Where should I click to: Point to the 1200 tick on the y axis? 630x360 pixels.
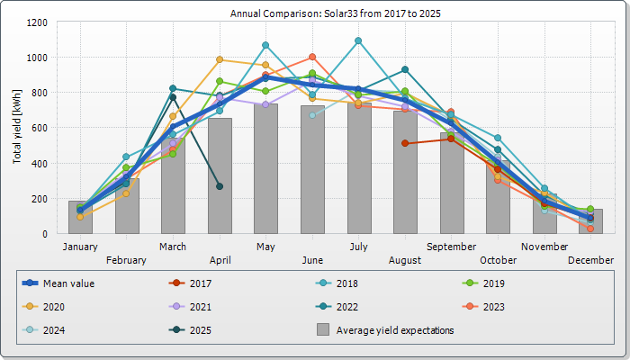pyautogui.click(x=40, y=22)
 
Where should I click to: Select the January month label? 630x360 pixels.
pyautogui.click(x=80, y=246)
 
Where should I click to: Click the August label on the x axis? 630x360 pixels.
pyautogui.click(x=405, y=260)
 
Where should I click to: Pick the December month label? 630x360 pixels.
pyautogui.click(x=590, y=260)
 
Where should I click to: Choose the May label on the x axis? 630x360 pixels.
pyautogui.click(x=265, y=246)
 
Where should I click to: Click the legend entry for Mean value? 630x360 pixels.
pyautogui.click(x=68, y=283)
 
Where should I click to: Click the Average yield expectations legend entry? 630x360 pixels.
pyautogui.click(x=394, y=329)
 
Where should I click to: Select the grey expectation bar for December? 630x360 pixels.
pyautogui.click(x=590, y=221)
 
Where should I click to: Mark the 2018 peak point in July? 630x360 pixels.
pyautogui.click(x=358, y=40)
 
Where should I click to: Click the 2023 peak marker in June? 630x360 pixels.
pyautogui.click(x=312, y=57)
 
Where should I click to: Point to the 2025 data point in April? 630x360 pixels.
pyautogui.click(x=220, y=186)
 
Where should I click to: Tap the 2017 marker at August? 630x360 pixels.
pyautogui.click(x=405, y=143)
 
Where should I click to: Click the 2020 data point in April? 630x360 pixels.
pyautogui.click(x=220, y=59)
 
